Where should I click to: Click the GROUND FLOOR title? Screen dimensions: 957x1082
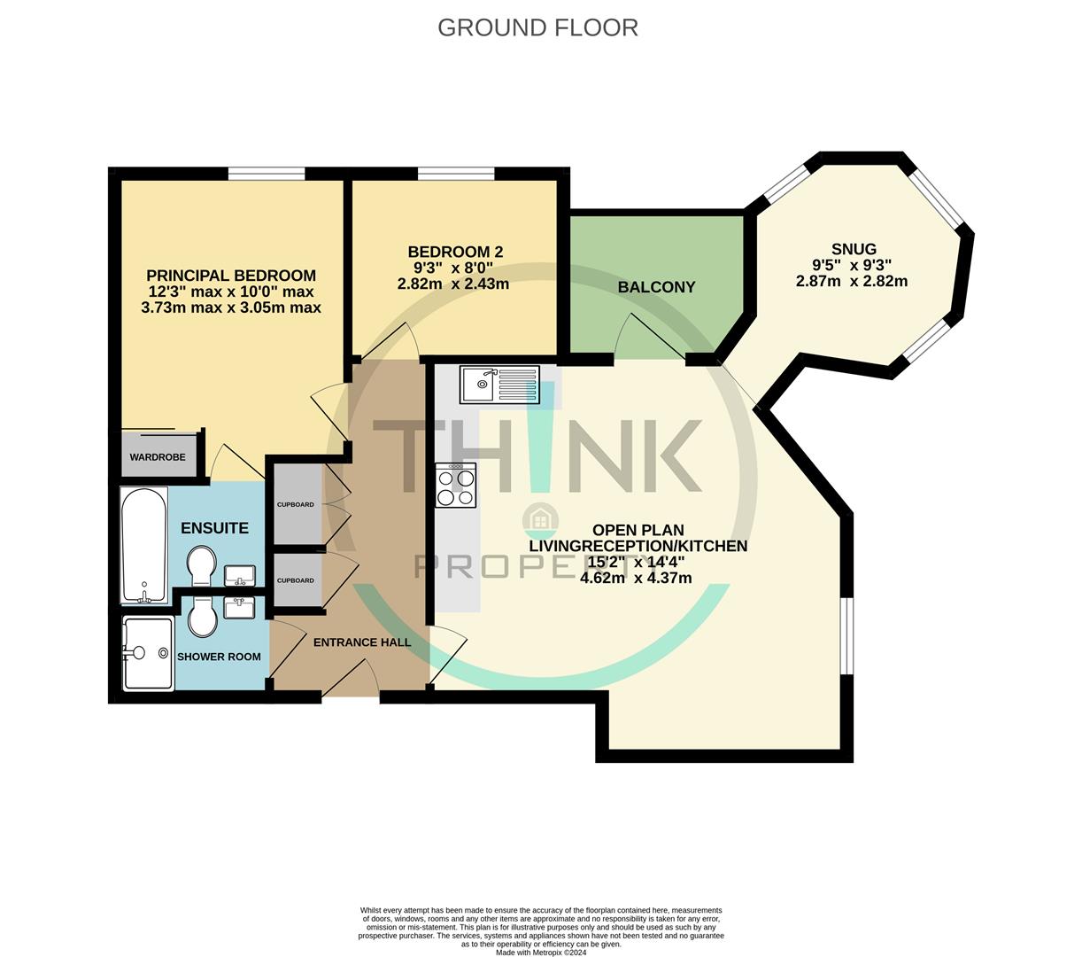(537, 27)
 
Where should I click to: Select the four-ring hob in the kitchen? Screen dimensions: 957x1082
(456, 486)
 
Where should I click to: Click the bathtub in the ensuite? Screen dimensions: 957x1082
(143, 544)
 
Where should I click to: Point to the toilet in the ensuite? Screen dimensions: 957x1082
(201, 565)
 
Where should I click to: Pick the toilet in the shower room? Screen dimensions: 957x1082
(203, 616)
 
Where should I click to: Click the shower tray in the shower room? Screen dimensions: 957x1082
(148, 654)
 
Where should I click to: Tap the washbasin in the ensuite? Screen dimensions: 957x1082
(239, 577)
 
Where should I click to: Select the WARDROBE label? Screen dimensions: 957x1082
(158, 457)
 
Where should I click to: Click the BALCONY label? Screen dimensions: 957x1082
(656, 287)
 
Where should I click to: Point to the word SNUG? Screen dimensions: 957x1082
(853, 249)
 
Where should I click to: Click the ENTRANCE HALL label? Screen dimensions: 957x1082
(362, 642)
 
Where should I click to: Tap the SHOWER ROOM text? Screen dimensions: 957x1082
(219, 657)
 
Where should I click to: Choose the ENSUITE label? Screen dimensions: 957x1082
(214, 528)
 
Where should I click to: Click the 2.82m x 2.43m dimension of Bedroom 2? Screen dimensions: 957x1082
(453, 284)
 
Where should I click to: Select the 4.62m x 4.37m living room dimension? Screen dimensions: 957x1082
(636, 578)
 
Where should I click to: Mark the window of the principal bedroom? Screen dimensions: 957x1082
(266, 174)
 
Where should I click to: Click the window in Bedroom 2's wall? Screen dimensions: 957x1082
(455, 174)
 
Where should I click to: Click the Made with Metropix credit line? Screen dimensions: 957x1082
(541, 953)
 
